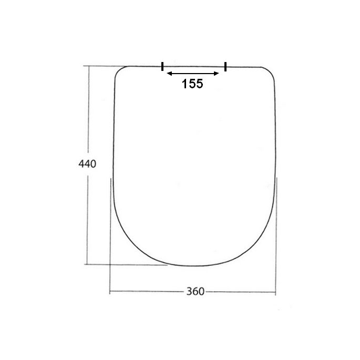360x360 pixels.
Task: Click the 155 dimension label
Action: pyautogui.click(x=192, y=84)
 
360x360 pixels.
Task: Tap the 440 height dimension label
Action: pyautogui.click(x=87, y=163)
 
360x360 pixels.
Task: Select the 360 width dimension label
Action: pyautogui.click(x=192, y=292)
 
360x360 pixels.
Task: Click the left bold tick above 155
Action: pyautogui.click(x=162, y=66)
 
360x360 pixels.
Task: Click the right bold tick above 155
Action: pyautogui.click(x=225, y=66)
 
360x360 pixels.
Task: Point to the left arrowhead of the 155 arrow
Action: pyautogui.click(x=168, y=74)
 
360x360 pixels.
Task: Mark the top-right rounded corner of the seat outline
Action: pyautogui.click(x=269, y=72)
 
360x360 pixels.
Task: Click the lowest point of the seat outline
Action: pyautogui.click(x=193, y=266)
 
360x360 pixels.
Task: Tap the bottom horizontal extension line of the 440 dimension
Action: pyautogui.click(x=126, y=264)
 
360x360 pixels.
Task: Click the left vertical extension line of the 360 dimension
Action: pyautogui.click(x=110, y=236)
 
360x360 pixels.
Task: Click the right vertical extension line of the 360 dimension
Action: pyautogui.click(x=276, y=236)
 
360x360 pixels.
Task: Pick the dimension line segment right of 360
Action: pyautogui.click(x=239, y=292)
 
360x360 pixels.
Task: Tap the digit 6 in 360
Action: pyautogui.click(x=192, y=292)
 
